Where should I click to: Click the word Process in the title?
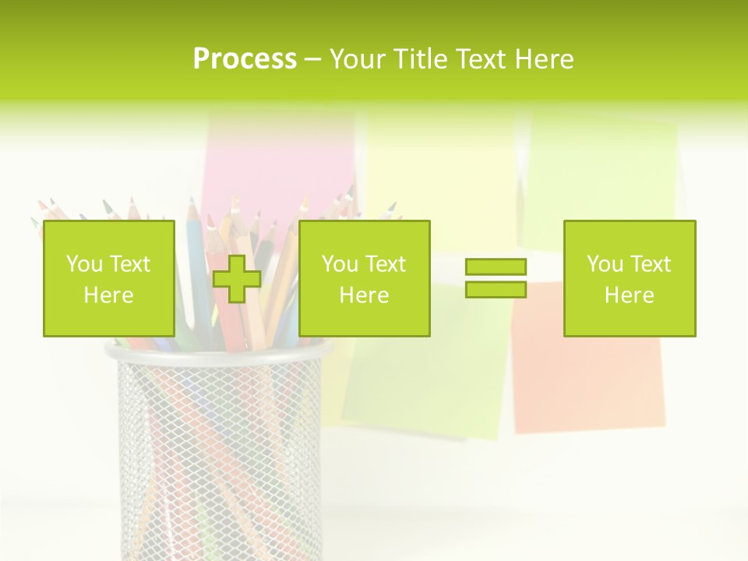coord(245,59)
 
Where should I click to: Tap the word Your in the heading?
coord(359,59)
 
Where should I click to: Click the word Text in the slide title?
coord(479,59)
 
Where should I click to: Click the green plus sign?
coord(237,278)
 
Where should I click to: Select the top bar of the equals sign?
coord(496,266)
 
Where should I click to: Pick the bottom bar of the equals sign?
coord(496,289)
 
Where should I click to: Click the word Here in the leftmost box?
coord(109,295)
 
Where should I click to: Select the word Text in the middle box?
coord(386,264)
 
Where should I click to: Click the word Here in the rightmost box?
coord(630,295)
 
